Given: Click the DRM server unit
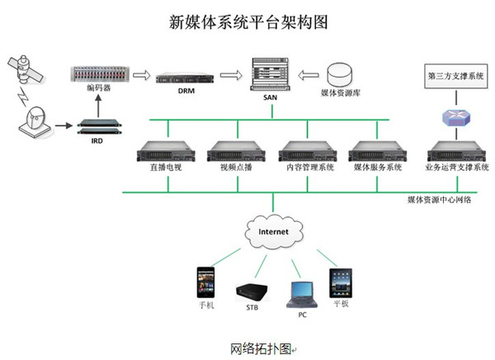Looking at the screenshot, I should (x=185, y=79).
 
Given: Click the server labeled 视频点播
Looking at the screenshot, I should (x=234, y=151).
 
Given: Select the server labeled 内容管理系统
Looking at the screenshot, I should (x=305, y=151).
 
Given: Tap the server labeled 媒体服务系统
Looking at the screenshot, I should (x=376, y=151).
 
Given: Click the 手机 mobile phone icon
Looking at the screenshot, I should (x=205, y=283).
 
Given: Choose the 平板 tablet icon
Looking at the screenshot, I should (x=341, y=283).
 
